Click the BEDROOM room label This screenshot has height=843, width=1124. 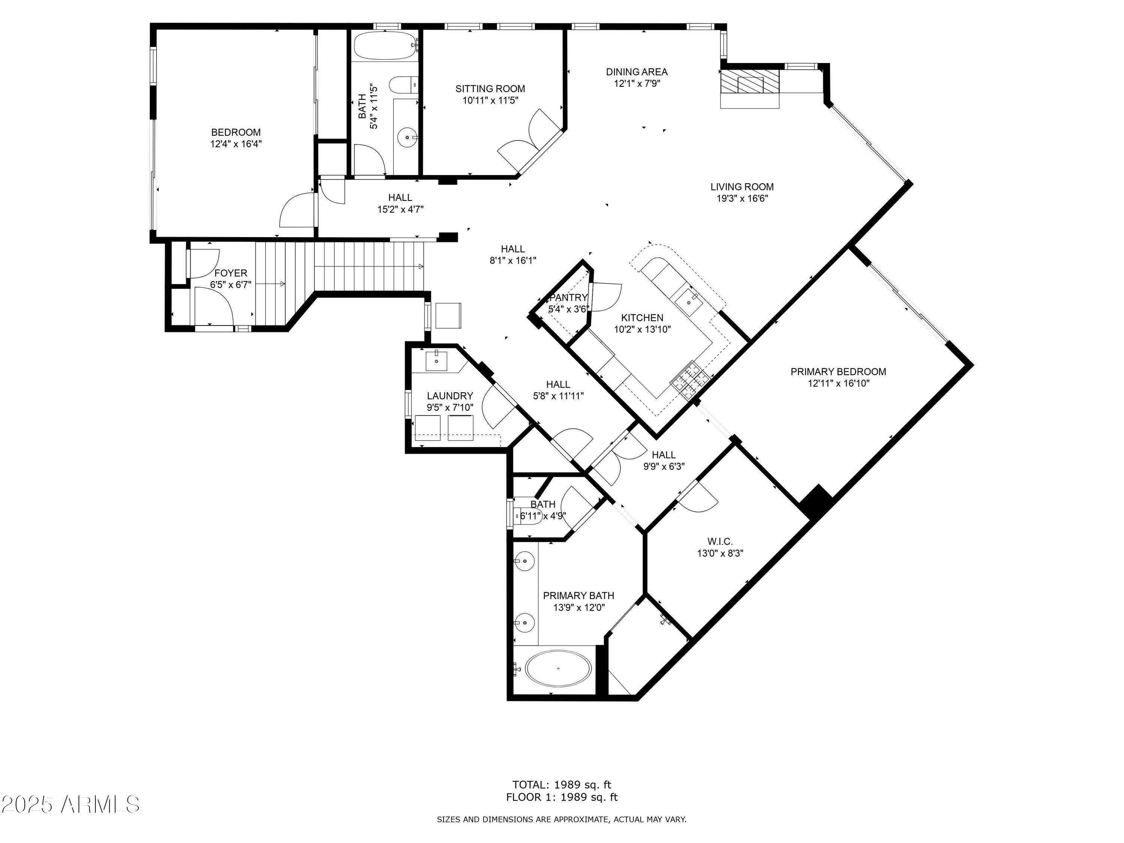[236, 133]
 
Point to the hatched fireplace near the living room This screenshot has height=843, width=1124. [750, 82]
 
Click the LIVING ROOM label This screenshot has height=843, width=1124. [742, 187]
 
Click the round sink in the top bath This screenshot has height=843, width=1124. [407, 137]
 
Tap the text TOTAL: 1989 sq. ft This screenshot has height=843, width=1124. [562, 785]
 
